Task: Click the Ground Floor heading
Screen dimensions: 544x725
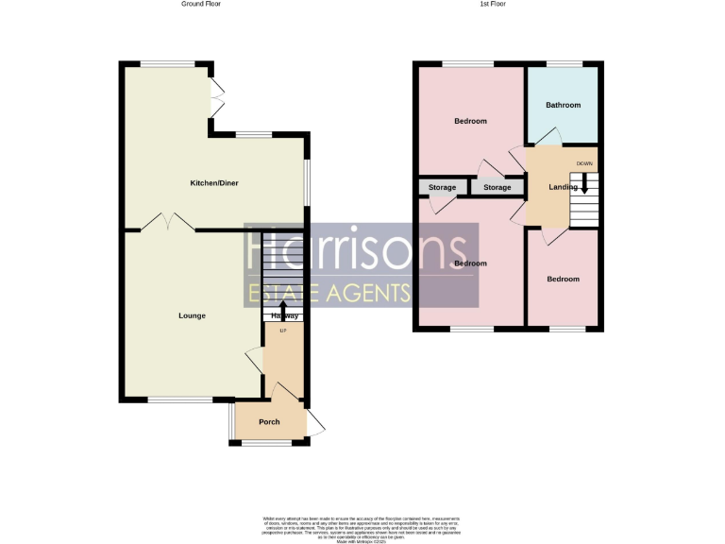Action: point(201,5)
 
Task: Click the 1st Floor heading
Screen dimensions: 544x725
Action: point(493,5)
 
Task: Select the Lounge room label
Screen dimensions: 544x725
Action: point(193,315)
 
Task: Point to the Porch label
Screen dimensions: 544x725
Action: point(269,421)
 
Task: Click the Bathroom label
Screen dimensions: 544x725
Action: point(563,105)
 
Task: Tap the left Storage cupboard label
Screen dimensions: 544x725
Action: point(442,188)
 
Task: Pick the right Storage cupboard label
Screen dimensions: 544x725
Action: point(497,188)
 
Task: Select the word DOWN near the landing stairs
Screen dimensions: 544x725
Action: point(584,162)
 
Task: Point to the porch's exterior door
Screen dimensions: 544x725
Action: point(315,424)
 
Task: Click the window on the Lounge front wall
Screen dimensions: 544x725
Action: point(179,400)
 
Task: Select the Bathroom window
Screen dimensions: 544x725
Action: point(563,63)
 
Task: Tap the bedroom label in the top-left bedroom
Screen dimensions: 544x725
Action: point(470,121)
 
